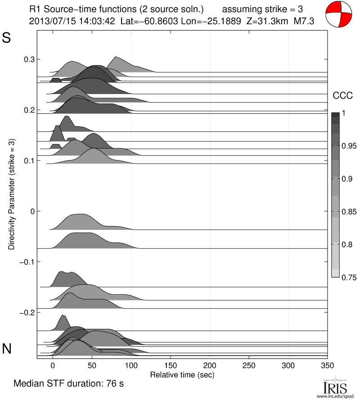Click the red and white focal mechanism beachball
tap(338, 15)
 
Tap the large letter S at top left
tap(7, 38)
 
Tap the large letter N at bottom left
tap(7, 348)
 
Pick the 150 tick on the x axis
tap(170, 359)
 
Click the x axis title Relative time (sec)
tap(182, 374)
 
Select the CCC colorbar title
tap(342, 95)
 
